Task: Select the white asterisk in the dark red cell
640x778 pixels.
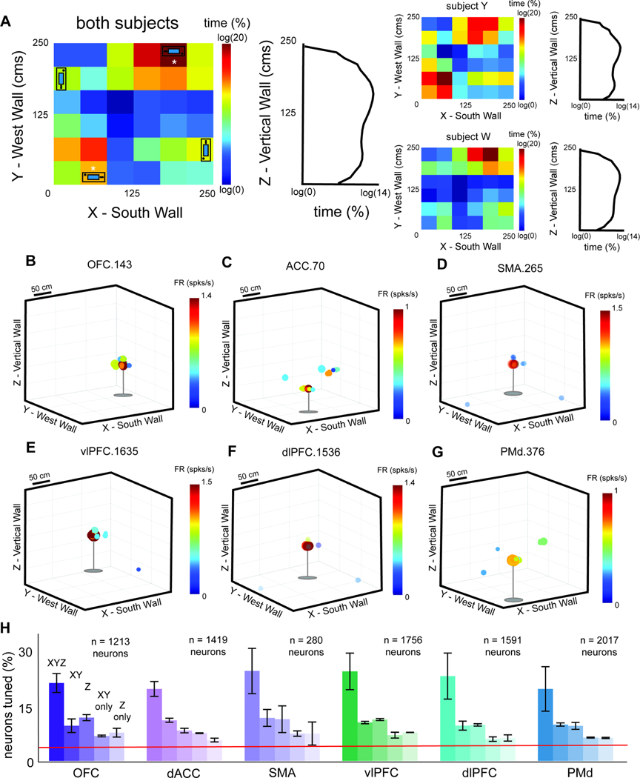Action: click(174, 63)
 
